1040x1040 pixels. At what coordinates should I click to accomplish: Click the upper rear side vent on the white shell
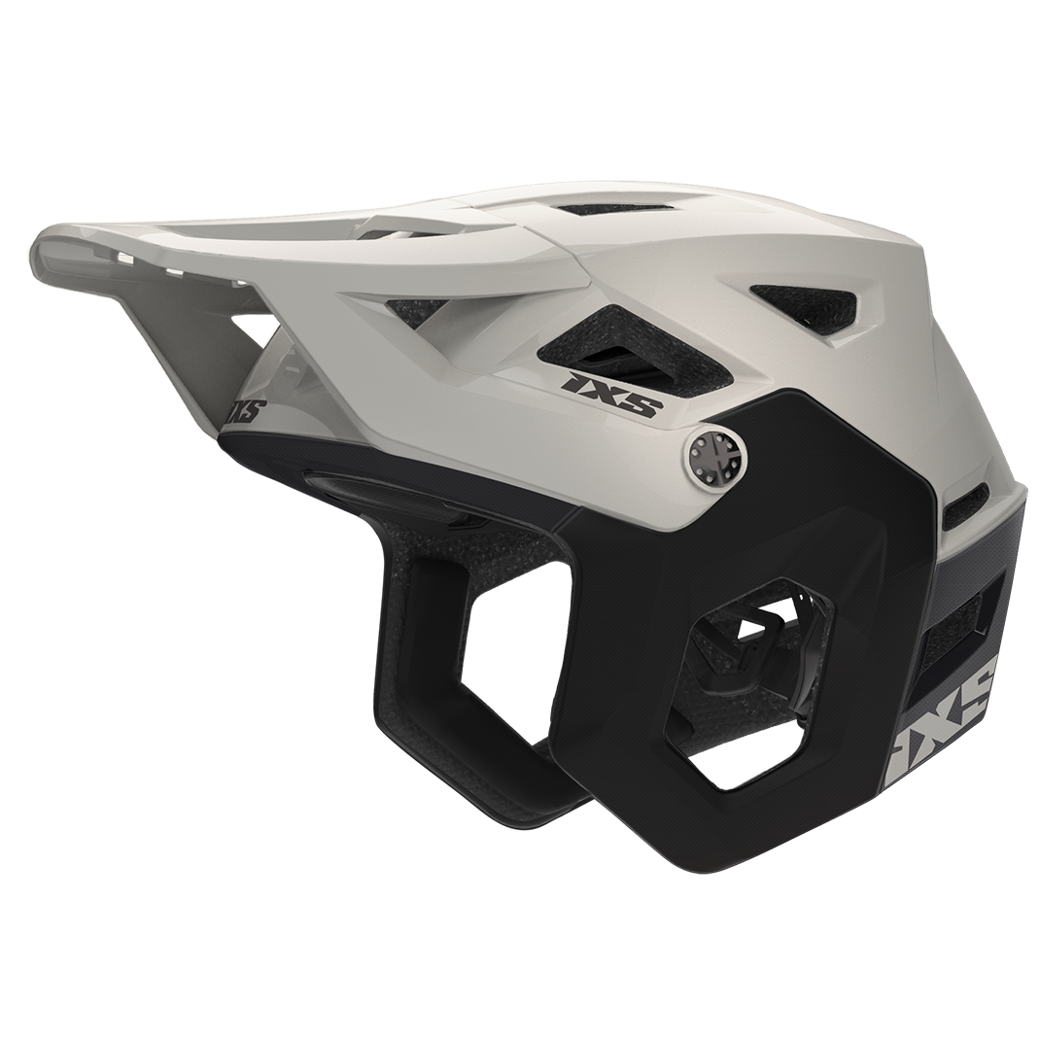(806, 307)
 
